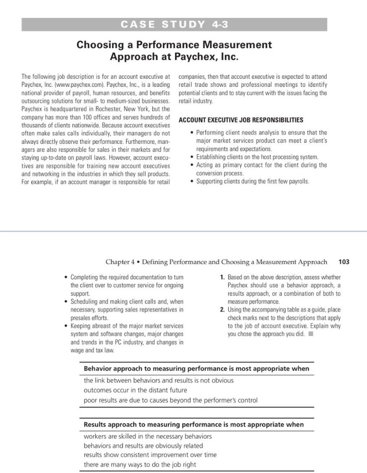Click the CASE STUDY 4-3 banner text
point(174,25)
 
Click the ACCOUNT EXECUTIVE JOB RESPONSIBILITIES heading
point(241,120)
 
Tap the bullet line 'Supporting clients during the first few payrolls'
point(252,181)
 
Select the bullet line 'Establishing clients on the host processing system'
point(257,157)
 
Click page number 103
point(344,262)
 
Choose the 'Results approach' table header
point(193,424)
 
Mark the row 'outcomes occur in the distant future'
point(135,390)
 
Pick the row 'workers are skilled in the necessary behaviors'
point(148,436)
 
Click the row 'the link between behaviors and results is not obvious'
point(158,380)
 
